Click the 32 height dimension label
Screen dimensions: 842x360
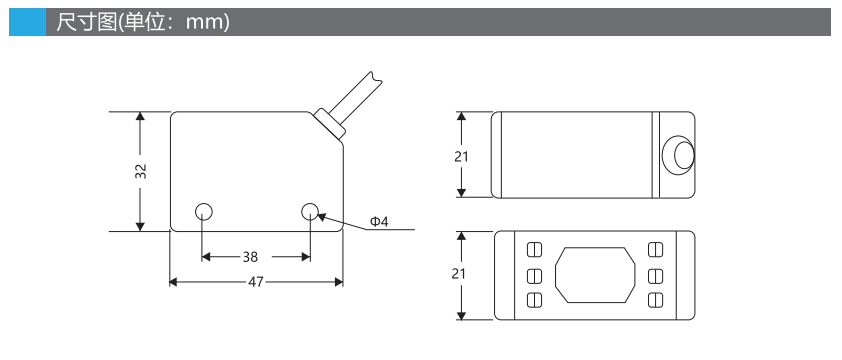[141, 171]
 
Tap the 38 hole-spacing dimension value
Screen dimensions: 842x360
[250, 257]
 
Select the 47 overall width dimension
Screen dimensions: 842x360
[256, 282]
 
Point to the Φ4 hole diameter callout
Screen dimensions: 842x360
[379, 221]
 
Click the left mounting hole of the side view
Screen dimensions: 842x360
[204, 212]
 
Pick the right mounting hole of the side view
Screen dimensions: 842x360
[310, 211]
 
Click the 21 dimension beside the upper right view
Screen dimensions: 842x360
[461, 156]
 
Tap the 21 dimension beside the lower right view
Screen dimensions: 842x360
[459, 274]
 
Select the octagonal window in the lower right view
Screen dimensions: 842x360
[595, 275]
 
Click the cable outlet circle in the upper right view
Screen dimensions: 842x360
[679, 155]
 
